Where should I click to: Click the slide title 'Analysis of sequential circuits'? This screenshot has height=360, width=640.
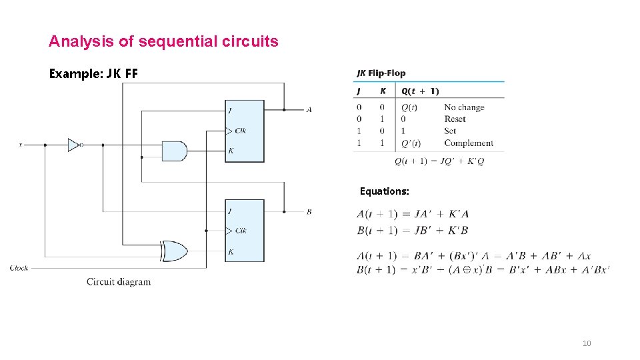pos(163,41)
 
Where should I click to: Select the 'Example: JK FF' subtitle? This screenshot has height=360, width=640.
pos(93,73)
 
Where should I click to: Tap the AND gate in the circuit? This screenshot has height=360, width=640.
pos(174,151)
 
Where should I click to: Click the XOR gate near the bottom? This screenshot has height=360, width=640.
pos(174,251)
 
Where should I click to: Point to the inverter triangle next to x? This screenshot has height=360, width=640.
pos(74,144)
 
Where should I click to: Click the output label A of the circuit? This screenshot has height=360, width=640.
pos(309,109)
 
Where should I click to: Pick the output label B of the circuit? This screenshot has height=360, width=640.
pos(309,212)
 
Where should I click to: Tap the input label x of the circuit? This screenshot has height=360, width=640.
pos(20,144)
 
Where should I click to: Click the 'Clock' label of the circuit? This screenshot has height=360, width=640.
pos(19,268)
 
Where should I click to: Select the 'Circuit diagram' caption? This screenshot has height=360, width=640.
pos(119,281)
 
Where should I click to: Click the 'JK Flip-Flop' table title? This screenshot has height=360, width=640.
pos(381,73)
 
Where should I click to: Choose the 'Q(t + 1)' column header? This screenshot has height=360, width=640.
pos(420,91)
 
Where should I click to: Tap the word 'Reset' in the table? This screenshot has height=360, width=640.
pos(455,119)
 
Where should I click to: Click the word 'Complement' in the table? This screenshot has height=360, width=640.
pos(469,143)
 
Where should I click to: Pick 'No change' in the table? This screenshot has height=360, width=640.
pos(464,107)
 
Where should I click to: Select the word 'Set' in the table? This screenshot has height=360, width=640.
pos(450,131)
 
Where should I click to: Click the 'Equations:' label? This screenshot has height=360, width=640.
pos(385,191)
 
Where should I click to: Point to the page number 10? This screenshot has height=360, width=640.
pos(587,343)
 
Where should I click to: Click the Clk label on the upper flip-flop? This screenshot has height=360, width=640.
pos(240,131)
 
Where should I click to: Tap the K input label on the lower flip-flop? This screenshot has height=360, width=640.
pos(231,252)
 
